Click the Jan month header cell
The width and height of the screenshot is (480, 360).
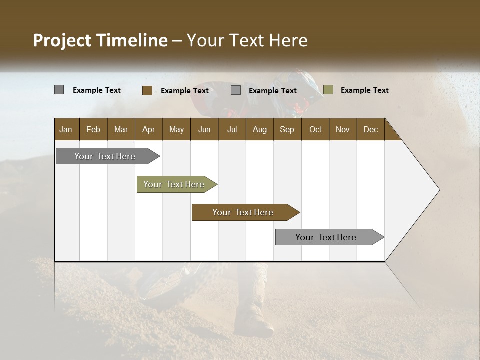(x=66, y=129)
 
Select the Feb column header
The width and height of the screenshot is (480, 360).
(x=93, y=129)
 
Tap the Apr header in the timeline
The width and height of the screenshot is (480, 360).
(x=148, y=129)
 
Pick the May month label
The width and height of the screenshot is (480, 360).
(x=176, y=129)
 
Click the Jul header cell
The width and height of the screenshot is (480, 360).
(x=232, y=129)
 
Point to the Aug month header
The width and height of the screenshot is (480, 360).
(x=259, y=129)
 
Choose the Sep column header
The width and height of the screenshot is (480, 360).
(x=287, y=129)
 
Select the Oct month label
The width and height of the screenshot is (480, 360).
(x=315, y=129)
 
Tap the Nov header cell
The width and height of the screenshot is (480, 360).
(x=343, y=129)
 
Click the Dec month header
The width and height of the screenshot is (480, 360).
(x=370, y=129)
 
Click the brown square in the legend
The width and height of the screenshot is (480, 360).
(x=147, y=90)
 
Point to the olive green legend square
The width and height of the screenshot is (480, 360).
(x=328, y=90)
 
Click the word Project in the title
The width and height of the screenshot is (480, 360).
(x=62, y=40)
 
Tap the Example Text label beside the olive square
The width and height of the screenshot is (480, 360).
(x=364, y=90)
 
